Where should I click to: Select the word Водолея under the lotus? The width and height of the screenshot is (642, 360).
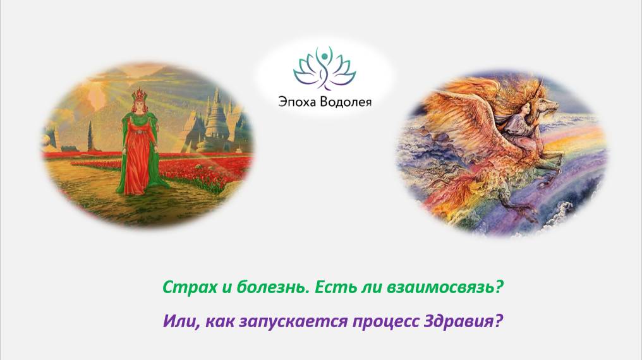(347, 101)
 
